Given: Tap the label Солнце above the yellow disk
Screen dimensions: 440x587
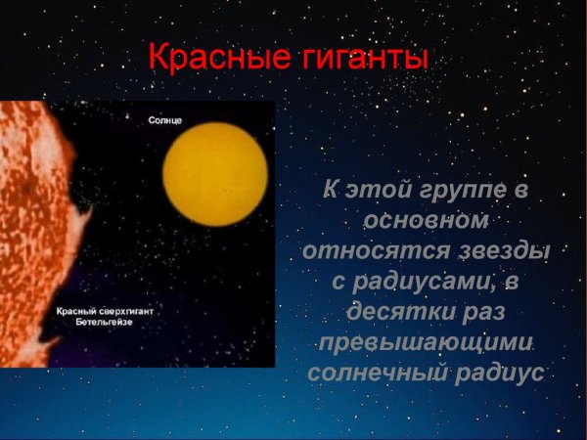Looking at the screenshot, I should (165, 119).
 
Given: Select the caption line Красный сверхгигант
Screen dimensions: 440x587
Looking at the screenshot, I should (105, 310).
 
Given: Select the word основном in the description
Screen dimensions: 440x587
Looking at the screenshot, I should (426, 219).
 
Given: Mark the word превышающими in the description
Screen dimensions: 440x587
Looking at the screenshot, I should (426, 343).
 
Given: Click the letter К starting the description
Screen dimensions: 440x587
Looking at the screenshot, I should (332, 189).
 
